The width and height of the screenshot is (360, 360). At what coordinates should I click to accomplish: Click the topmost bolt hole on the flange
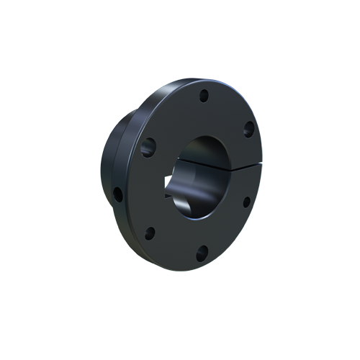(x=204, y=95)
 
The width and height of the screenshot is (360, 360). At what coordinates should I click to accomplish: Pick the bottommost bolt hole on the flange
(x=202, y=252)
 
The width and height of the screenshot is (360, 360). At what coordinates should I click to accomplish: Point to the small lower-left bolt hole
(x=150, y=233)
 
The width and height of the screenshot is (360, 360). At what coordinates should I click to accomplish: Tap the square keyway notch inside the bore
(x=173, y=193)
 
